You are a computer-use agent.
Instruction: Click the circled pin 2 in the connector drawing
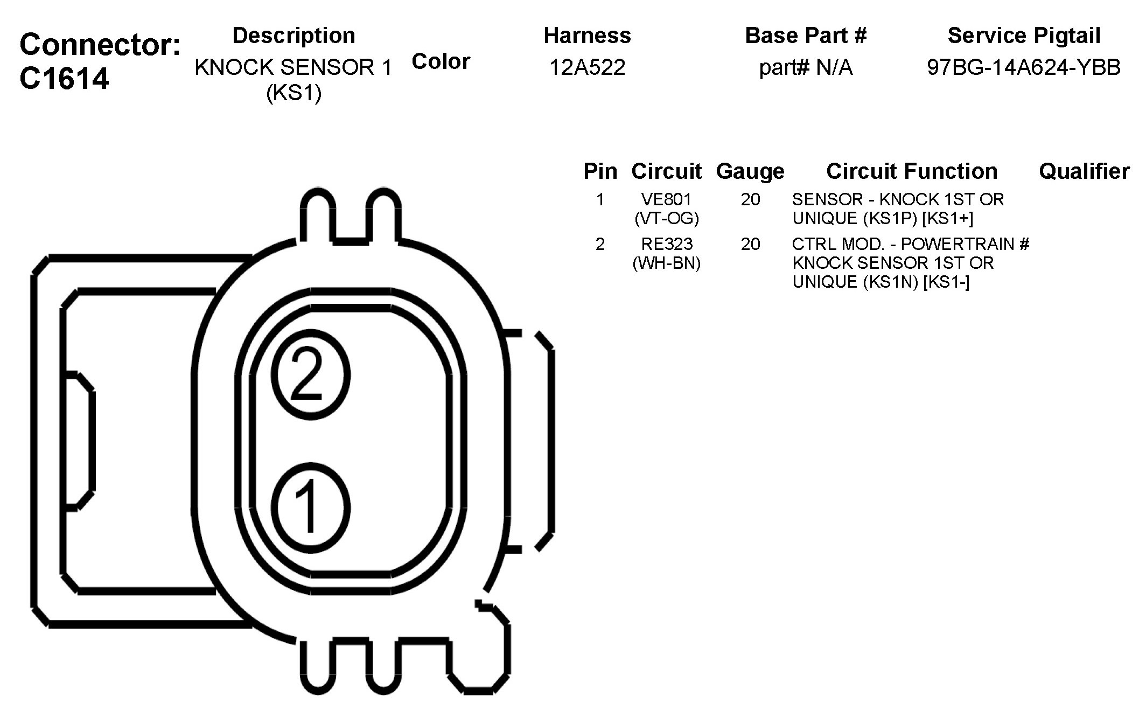[311, 375]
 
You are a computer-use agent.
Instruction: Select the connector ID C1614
[65, 78]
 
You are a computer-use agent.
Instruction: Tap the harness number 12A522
[587, 67]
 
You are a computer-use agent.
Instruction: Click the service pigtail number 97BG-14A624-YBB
[1024, 67]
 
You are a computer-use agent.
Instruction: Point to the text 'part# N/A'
[806, 68]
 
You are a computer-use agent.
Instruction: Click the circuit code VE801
[667, 199]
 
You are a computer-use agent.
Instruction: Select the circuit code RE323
[667, 244]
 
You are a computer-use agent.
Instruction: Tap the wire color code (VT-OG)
[667, 218]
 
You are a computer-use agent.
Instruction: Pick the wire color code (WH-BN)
[667, 263]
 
